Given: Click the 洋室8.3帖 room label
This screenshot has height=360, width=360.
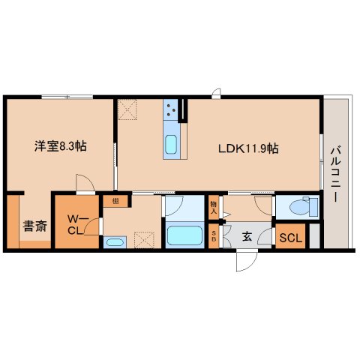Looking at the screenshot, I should click(x=59, y=145).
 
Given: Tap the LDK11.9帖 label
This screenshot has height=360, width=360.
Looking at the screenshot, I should click(x=249, y=148).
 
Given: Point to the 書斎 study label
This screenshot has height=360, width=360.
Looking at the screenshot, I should click(x=31, y=224).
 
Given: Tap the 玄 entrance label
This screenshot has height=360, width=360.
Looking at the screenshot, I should click(x=246, y=237).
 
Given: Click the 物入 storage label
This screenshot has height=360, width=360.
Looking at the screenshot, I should click(x=214, y=208).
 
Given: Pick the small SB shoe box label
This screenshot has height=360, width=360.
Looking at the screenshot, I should click(x=214, y=237).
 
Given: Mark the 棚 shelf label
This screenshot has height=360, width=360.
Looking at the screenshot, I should click(x=115, y=201).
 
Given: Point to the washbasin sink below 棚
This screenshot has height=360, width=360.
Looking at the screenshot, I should click(x=115, y=241).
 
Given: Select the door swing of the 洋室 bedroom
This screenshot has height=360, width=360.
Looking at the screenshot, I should click(x=84, y=183).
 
